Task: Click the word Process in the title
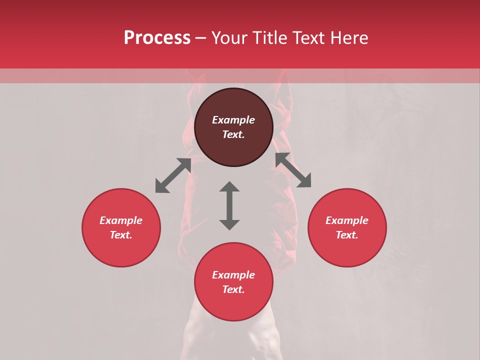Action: tap(157, 38)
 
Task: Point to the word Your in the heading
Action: tap(230, 38)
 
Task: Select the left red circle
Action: tap(121, 250)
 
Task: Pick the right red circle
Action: tap(347, 250)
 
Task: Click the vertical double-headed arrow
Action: tap(229, 205)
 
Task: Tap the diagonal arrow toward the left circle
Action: tap(173, 175)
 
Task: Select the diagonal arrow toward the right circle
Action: tap(293, 170)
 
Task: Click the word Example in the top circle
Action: tap(233, 120)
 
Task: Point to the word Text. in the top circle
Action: tap(233, 134)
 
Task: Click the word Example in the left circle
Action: tap(121, 220)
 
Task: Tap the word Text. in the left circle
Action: tap(121, 235)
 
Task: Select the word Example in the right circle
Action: tap(347, 220)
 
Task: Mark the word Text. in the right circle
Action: tap(347, 235)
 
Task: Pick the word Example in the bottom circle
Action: tap(233, 275)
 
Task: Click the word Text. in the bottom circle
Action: tap(233, 289)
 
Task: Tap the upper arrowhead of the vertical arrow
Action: tap(229, 187)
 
